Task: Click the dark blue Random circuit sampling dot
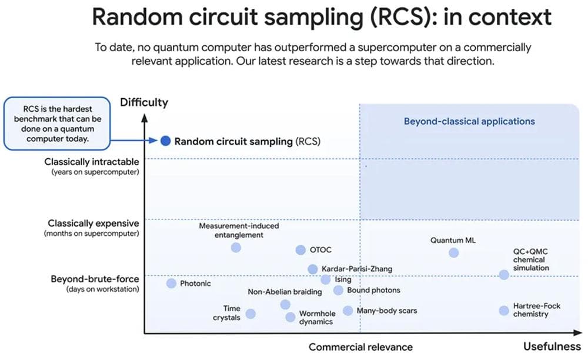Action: tap(166, 141)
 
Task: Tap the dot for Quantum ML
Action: tap(453, 252)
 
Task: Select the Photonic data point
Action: tap(171, 284)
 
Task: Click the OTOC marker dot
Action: tap(300, 250)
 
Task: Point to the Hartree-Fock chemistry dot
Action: tap(504, 311)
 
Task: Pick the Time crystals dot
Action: tap(250, 314)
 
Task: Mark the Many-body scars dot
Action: tap(348, 311)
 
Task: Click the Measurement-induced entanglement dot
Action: tap(236, 248)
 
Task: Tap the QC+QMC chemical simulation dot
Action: tap(504, 275)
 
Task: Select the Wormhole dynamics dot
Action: tap(290, 317)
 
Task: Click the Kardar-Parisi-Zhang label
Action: tap(357, 269)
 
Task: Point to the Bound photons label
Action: tap(373, 290)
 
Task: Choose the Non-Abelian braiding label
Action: tap(285, 292)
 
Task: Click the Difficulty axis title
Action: tap(144, 102)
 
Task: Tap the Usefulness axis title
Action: tap(552, 346)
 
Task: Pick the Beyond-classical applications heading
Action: tap(469, 121)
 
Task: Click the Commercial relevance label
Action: tap(360, 347)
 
